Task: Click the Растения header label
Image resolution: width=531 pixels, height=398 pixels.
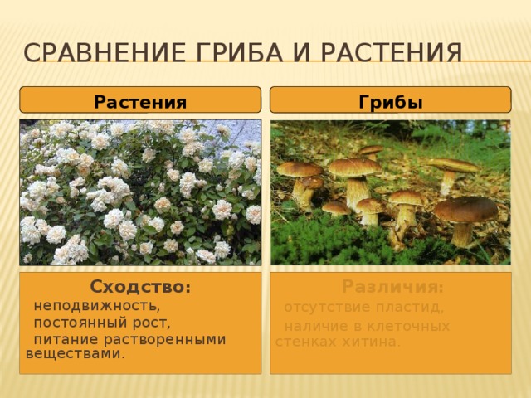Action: pos(140,102)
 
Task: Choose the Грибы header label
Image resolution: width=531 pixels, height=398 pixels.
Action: pos(391,102)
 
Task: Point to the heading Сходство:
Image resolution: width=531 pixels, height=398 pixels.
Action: pos(140,288)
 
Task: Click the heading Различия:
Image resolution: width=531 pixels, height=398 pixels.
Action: pos(392,288)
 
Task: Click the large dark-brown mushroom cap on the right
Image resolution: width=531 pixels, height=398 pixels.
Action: pos(465,209)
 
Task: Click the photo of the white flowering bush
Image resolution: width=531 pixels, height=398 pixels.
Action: pos(140,192)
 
